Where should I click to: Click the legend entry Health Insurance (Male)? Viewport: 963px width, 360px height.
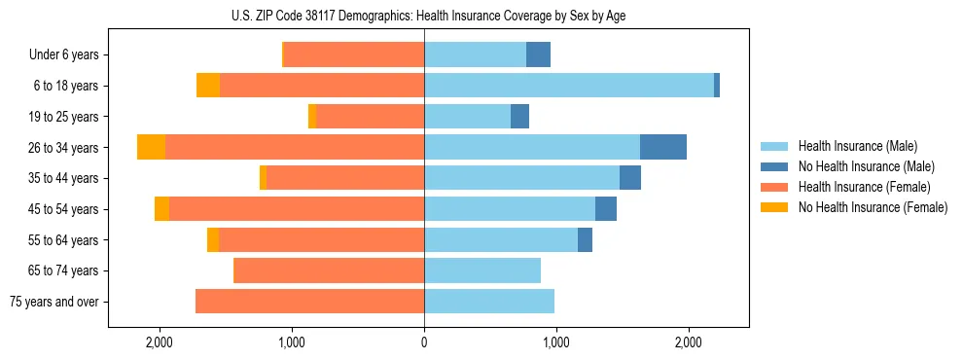pyautogui.click(x=857, y=146)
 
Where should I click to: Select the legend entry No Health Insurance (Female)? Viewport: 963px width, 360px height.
pyautogui.click(x=873, y=207)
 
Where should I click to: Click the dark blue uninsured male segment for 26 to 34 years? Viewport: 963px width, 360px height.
pyautogui.click(x=663, y=147)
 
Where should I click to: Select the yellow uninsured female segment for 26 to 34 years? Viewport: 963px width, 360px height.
pyautogui.click(x=151, y=147)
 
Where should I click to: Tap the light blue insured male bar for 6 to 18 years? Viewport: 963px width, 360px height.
pyautogui.click(x=569, y=86)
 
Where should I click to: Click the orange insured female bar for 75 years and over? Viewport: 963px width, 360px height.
pyautogui.click(x=309, y=302)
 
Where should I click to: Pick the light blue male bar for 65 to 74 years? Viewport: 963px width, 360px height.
pyautogui.click(x=482, y=270)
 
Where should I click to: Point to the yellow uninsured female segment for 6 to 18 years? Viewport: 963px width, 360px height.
pyautogui.click(x=208, y=86)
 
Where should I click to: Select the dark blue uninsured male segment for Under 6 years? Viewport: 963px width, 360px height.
pyautogui.click(x=538, y=54)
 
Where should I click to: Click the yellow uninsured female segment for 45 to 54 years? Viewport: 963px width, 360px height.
pyautogui.click(x=161, y=209)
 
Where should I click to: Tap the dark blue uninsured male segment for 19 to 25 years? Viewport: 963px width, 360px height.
pyautogui.click(x=519, y=117)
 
